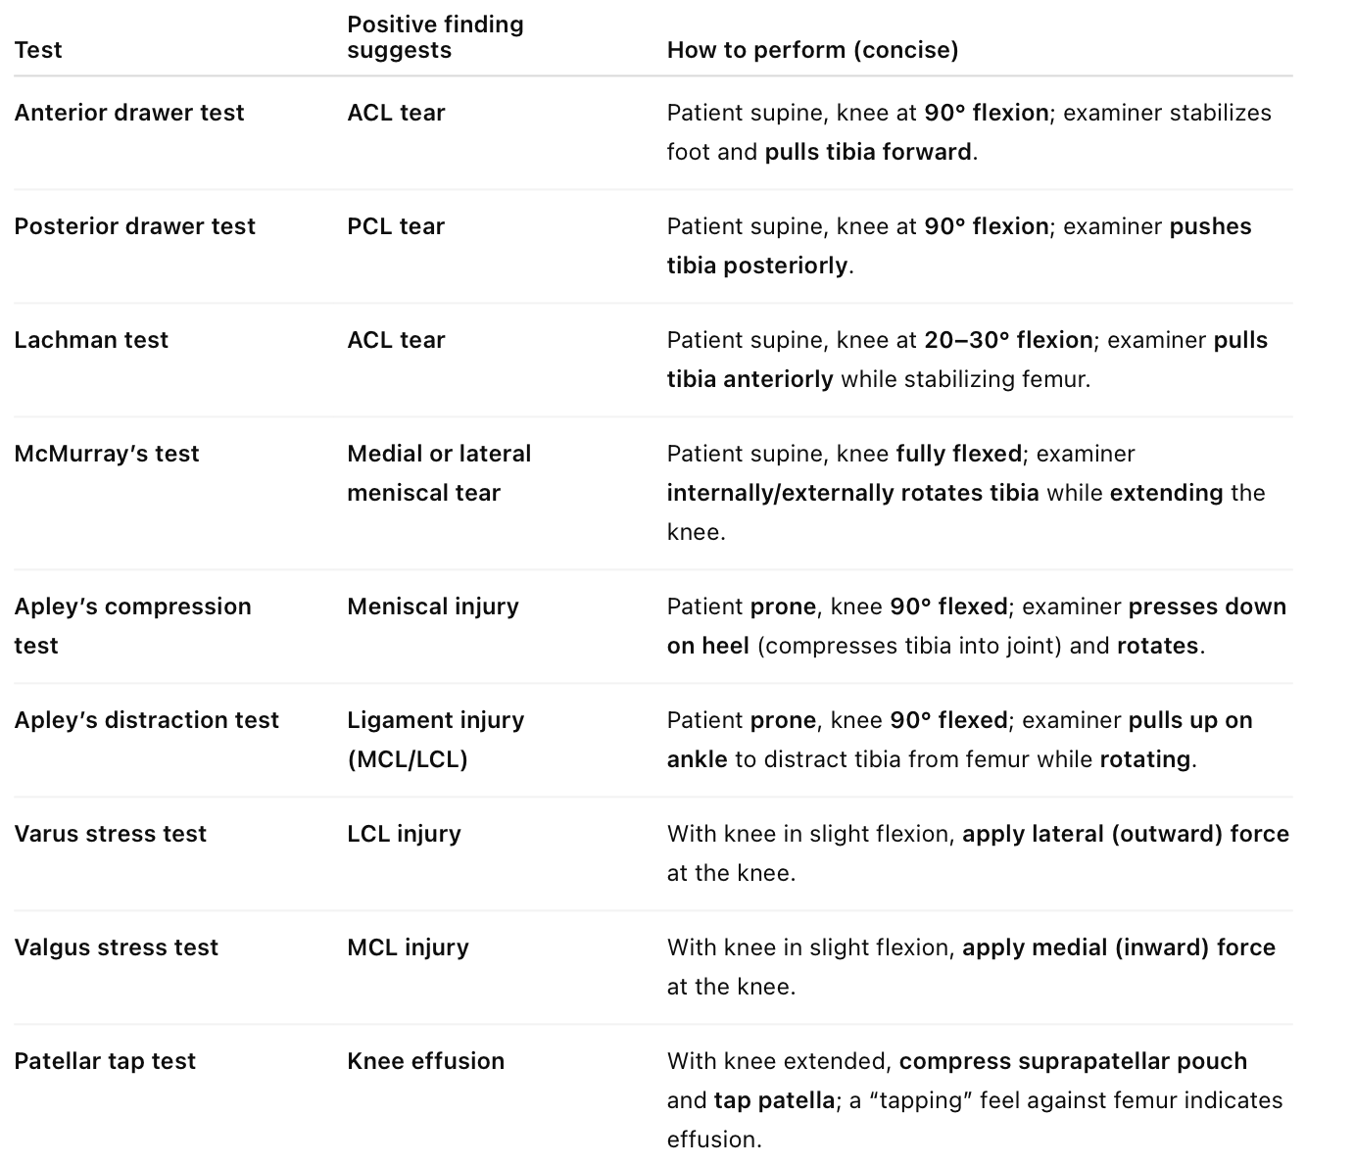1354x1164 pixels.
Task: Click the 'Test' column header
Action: pyautogui.click(x=38, y=50)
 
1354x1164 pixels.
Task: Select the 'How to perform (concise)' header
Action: pyautogui.click(x=812, y=50)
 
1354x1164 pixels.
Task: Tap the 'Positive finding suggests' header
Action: pyautogui.click(x=435, y=37)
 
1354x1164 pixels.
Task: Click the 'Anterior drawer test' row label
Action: pyautogui.click(x=129, y=113)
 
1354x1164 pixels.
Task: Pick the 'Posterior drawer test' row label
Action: pyautogui.click(x=134, y=226)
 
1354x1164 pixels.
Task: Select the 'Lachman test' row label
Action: pyautogui.click(x=91, y=340)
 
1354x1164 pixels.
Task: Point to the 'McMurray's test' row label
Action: pyautogui.click(x=107, y=454)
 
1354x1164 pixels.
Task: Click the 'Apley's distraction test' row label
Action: pyautogui.click(x=147, y=720)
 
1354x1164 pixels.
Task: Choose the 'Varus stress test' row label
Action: pyautogui.click(x=111, y=834)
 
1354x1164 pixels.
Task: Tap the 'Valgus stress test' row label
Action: pyautogui.click(x=117, y=947)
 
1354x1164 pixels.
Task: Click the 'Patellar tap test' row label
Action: pyautogui.click(x=105, y=1061)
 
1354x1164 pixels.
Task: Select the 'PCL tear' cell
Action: pyautogui.click(x=396, y=226)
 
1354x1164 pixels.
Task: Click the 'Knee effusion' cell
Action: pyautogui.click(x=426, y=1061)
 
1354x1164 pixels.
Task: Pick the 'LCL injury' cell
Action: pyautogui.click(x=404, y=834)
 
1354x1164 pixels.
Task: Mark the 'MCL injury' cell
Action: pyautogui.click(x=408, y=947)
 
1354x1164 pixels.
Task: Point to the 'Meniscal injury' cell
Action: pyautogui.click(x=433, y=606)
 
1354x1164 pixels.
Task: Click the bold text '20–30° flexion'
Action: pyautogui.click(x=1008, y=340)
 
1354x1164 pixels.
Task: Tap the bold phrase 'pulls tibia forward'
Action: pyautogui.click(x=868, y=152)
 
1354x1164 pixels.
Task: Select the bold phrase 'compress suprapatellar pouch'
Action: pyautogui.click(x=1073, y=1061)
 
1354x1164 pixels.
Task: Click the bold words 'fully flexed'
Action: pyautogui.click(x=959, y=454)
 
